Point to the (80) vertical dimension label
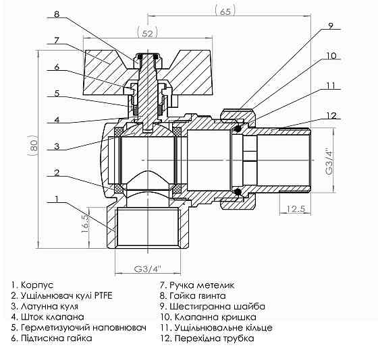27,144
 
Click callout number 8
57,13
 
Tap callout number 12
330,116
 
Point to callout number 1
57,199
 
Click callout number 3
57,146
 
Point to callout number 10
330,55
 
